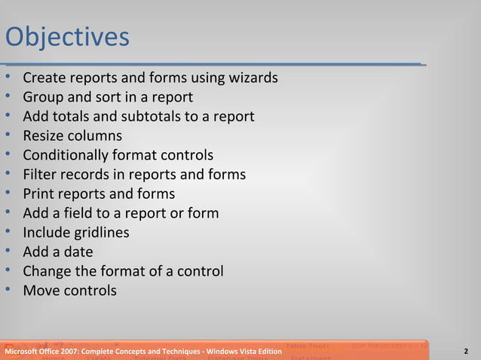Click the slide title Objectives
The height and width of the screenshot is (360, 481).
(67, 37)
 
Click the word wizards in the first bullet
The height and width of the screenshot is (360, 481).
(251, 78)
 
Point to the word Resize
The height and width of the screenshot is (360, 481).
(44, 136)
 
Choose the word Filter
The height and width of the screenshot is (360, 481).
(41, 175)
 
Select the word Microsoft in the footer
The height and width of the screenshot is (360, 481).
(23, 352)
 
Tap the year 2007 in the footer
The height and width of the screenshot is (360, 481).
(71, 352)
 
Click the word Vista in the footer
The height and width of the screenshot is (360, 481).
(247, 352)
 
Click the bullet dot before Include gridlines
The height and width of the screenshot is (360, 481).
(8, 233)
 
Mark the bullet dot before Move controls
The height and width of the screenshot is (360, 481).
(8, 290)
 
